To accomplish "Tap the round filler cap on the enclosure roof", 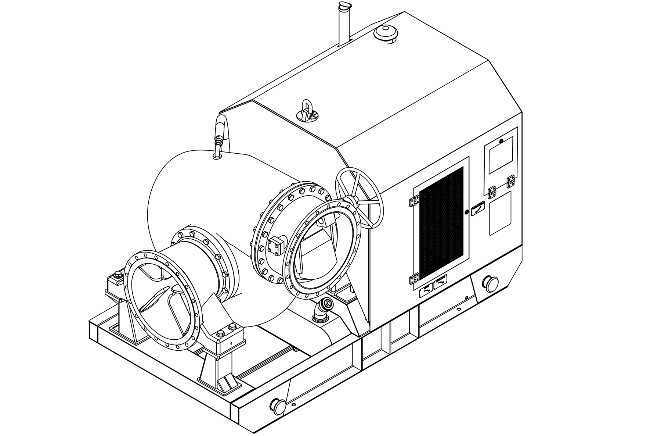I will [x=386, y=32].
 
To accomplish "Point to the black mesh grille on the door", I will [x=441, y=223].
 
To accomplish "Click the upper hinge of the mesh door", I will [x=414, y=201].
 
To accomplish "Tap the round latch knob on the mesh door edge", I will [x=466, y=212].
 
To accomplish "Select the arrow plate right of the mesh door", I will [x=478, y=208].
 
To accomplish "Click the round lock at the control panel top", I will [x=501, y=141].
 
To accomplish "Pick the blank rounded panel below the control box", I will [x=500, y=213].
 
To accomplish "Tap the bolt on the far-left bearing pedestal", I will [x=118, y=274].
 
